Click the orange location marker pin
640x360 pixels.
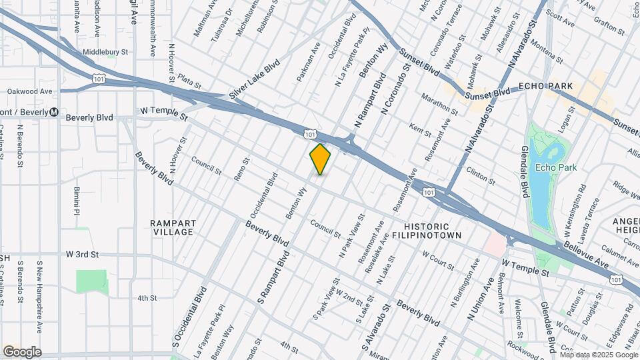tap(320, 159)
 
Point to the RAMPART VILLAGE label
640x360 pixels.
tap(172, 227)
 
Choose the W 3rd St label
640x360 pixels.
tap(83, 255)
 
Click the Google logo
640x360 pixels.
tap(22, 351)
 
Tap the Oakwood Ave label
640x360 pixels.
tap(29, 91)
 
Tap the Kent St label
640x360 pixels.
tap(421, 129)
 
